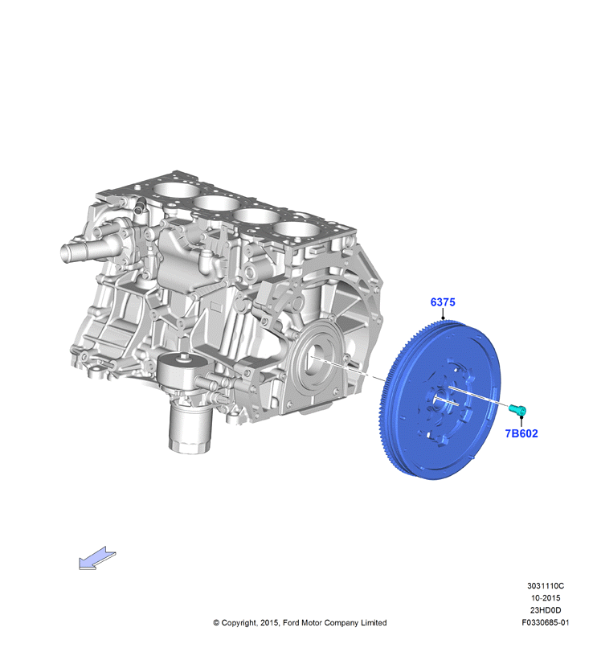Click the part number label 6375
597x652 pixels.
tap(443, 302)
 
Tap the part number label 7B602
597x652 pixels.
tap(521, 433)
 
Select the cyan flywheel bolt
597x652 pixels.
tap(518, 409)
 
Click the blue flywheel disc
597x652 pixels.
tap(440, 400)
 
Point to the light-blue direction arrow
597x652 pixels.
tap(97, 558)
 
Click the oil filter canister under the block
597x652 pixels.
tap(190, 429)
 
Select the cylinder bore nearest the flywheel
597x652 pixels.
tap(296, 230)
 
